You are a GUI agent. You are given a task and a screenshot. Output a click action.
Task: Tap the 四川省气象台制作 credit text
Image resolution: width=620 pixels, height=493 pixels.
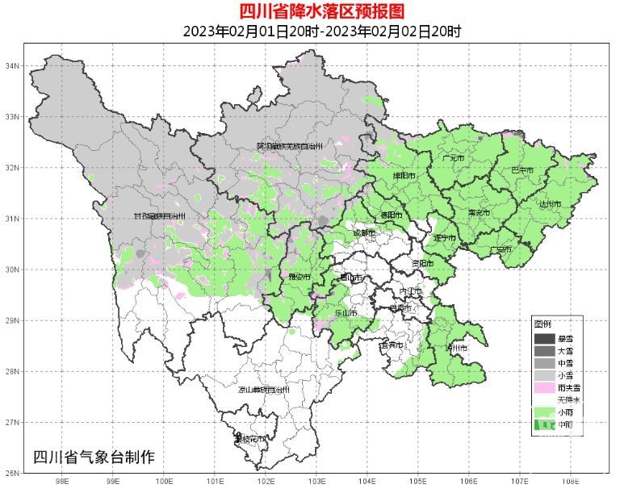tap(94, 457)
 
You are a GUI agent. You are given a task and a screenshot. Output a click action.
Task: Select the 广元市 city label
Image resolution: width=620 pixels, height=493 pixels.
tap(454, 158)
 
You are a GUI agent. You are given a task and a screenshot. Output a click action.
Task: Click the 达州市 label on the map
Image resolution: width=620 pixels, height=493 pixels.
tap(550, 204)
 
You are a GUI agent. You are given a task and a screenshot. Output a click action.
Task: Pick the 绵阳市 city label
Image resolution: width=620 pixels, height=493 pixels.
tap(404, 175)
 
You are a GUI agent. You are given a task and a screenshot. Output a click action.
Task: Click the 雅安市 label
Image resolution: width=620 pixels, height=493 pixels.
tap(300, 276)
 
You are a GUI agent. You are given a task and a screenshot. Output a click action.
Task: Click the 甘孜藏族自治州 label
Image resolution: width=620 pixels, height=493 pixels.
tap(160, 216)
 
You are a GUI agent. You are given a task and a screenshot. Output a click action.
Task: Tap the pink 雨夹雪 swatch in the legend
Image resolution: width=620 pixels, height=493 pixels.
tap(545, 388)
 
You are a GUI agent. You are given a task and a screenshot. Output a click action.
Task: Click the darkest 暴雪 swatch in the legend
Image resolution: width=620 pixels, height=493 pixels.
tap(545, 338)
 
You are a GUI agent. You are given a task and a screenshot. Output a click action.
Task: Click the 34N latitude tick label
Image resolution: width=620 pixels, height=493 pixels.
tap(13, 65)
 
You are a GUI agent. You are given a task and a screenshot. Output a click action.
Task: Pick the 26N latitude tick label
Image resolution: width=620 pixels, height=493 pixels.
tap(13, 473)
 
